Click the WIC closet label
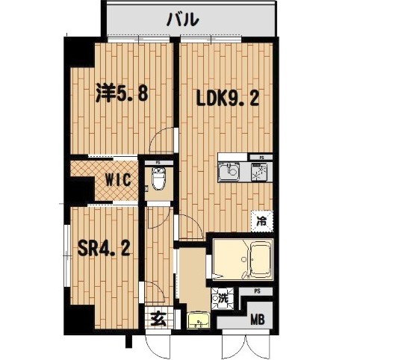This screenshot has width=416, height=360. point(118,179)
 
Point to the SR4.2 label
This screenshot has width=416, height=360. point(105,247)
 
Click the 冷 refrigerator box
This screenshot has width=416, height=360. point(261,220)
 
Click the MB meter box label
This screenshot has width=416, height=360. point(257,321)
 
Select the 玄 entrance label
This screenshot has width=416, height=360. point(158,320)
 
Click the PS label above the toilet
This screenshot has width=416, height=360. point(158,161)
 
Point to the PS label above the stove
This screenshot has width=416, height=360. point(261,158)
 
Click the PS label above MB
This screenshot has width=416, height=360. point(257,291)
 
